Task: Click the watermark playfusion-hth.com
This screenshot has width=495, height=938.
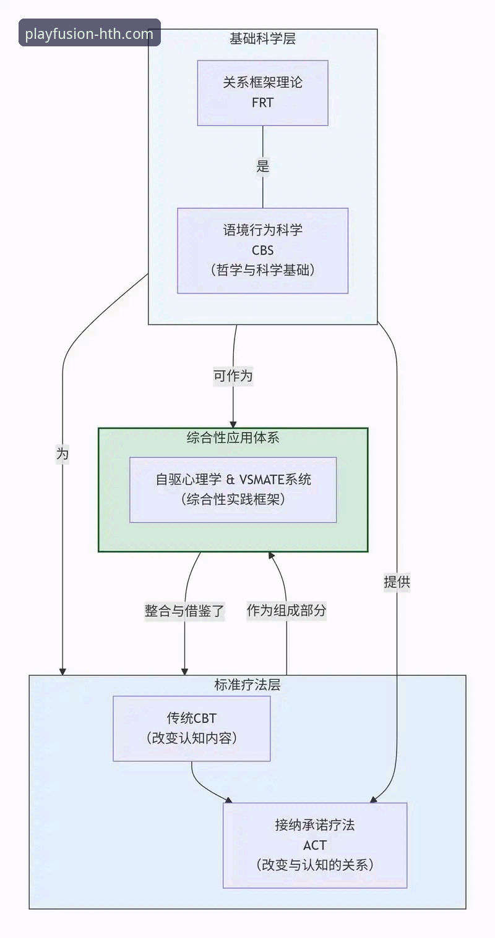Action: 90,33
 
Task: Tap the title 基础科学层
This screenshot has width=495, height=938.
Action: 262,39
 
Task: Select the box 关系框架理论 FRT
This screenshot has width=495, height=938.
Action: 262,93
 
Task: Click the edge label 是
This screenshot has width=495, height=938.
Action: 263,166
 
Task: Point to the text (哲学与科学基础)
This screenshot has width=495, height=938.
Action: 262,270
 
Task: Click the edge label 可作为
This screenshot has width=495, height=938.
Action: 233,376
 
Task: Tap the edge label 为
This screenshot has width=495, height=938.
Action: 62,454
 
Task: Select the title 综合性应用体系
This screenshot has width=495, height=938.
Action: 233,437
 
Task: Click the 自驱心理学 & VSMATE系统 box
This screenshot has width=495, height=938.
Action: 233,489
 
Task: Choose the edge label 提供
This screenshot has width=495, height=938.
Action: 397,581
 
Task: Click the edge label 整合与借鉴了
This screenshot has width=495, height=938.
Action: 184,611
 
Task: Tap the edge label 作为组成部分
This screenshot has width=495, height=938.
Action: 286,611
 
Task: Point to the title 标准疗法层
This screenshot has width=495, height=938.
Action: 247,685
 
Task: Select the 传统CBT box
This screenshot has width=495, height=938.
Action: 191,728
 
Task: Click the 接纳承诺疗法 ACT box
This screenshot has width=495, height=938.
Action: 315,845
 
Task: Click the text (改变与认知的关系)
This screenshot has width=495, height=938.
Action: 315,864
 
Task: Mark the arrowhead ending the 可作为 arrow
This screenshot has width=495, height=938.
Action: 233,423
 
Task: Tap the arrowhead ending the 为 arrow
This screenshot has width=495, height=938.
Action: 62,670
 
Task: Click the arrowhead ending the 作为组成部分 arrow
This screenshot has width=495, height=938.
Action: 270,556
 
